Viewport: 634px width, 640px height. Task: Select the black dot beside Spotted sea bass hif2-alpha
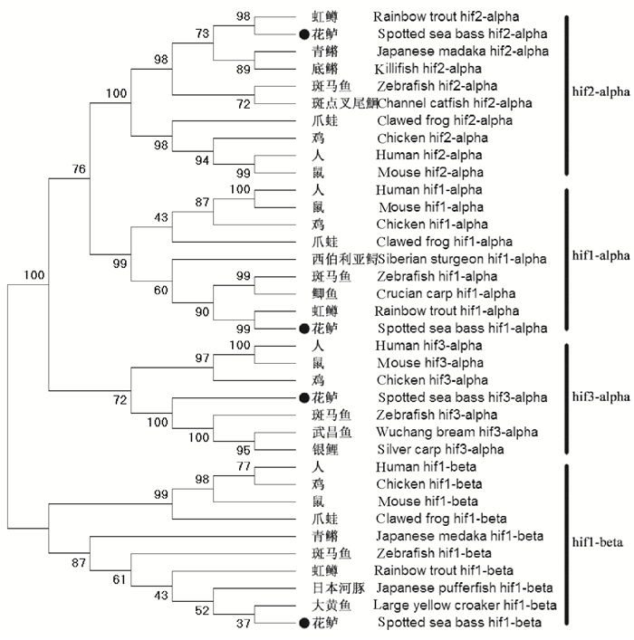(x=303, y=33)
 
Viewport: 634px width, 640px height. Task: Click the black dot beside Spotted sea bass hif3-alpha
(x=303, y=397)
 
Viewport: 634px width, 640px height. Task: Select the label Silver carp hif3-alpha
(x=430, y=449)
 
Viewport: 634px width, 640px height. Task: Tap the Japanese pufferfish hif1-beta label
(x=450, y=587)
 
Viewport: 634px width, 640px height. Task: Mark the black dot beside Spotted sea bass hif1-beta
(x=303, y=622)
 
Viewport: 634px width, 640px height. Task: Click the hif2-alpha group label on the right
(x=600, y=91)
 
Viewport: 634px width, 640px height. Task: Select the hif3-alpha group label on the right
(x=600, y=396)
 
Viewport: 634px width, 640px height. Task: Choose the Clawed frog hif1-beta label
(x=430, y=519)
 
